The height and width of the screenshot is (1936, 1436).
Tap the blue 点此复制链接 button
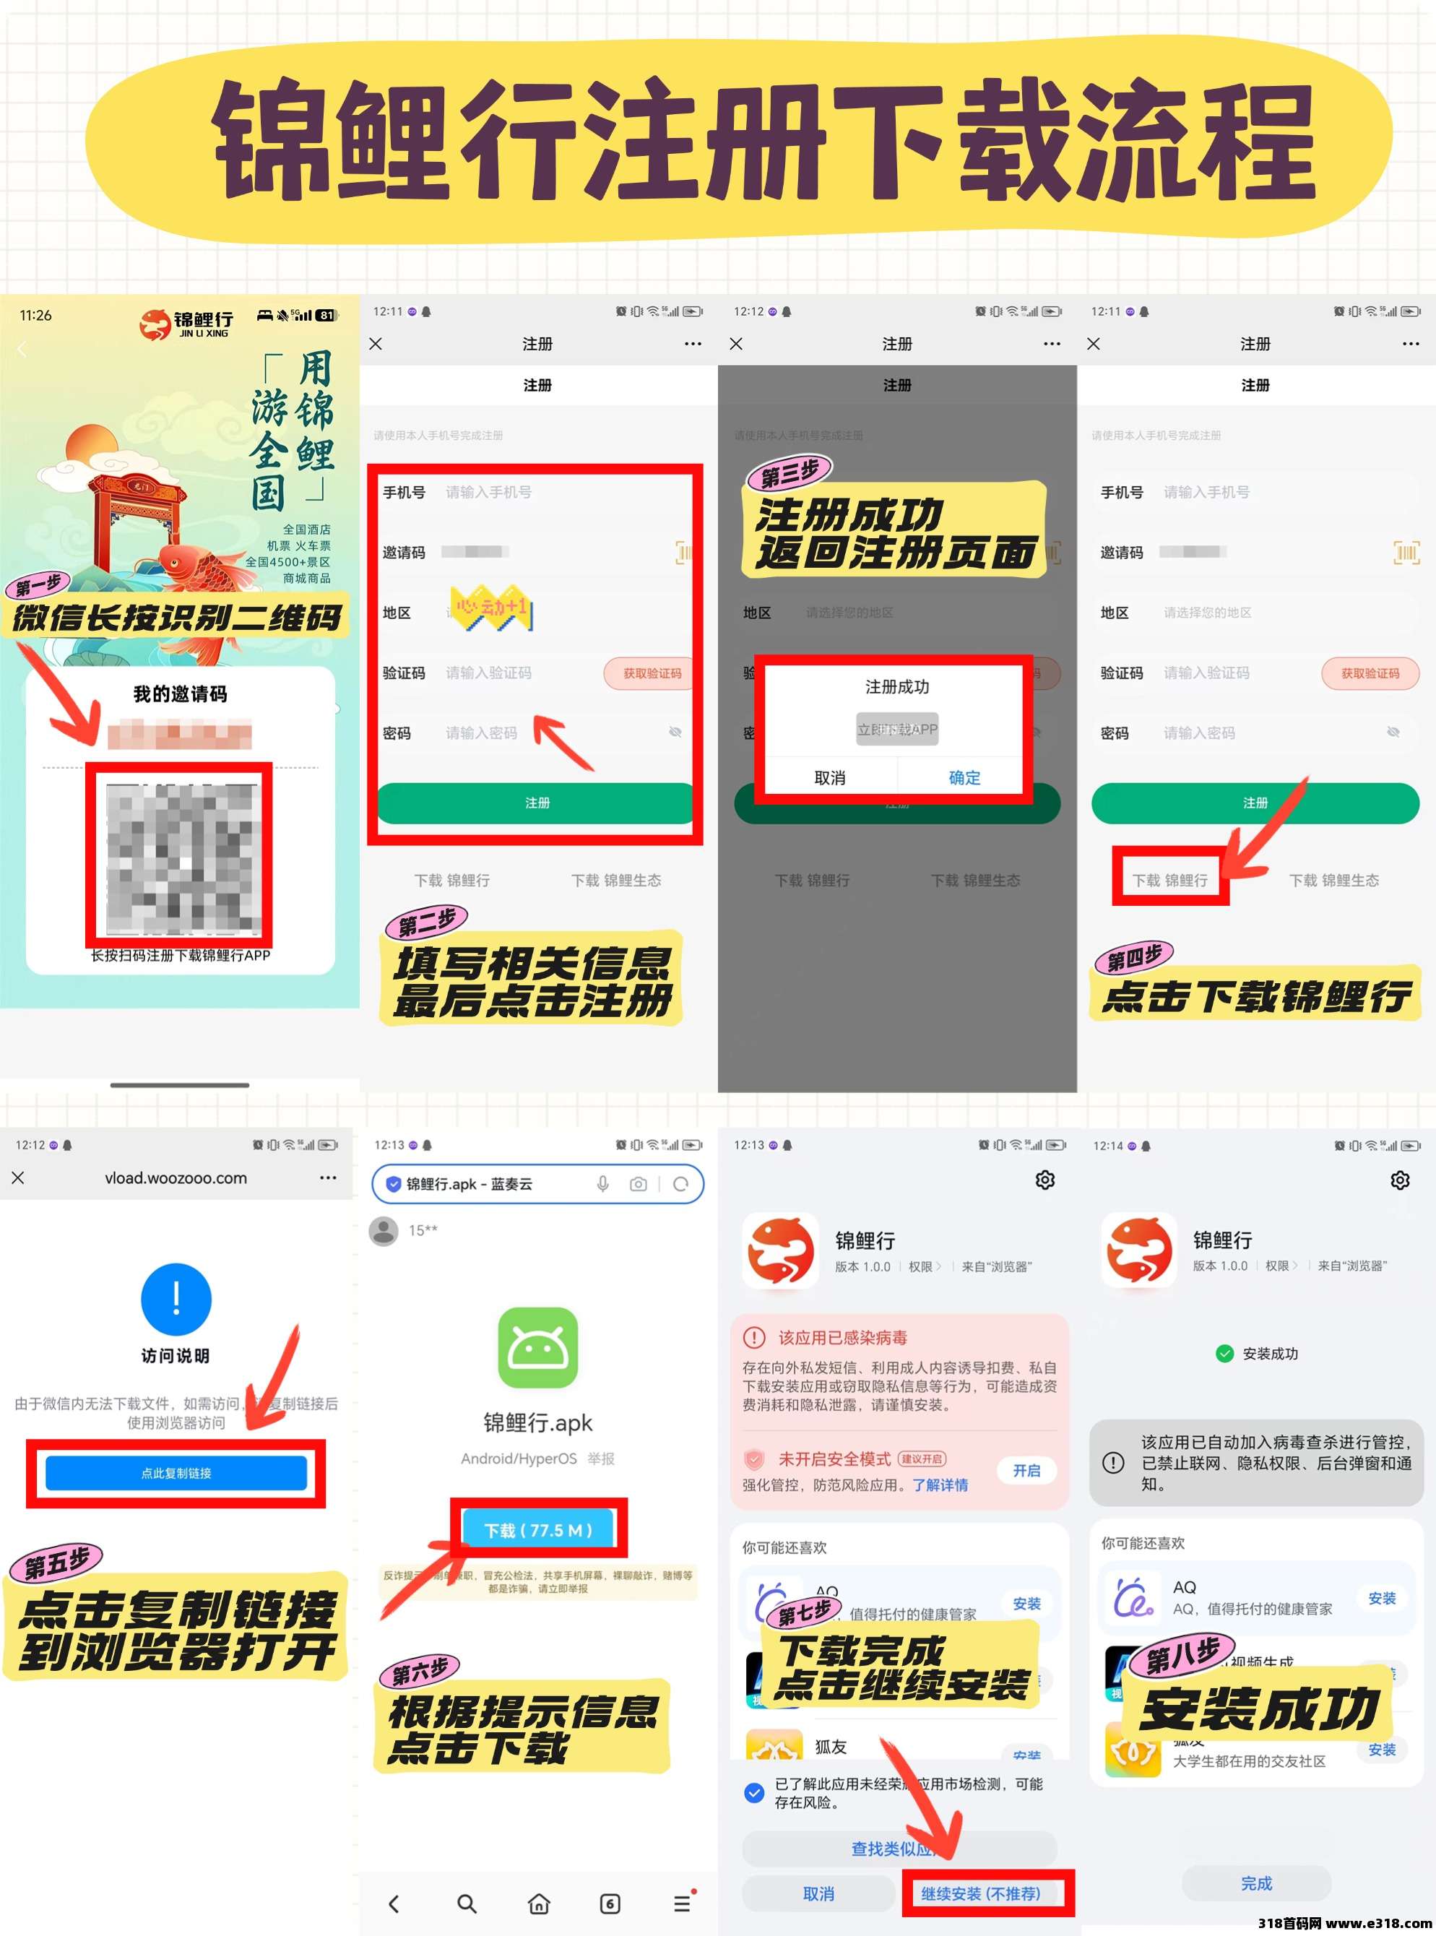point(176,1473)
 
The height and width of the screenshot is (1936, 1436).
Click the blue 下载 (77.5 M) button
point(538,1529)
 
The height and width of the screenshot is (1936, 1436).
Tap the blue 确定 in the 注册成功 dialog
point(964,777)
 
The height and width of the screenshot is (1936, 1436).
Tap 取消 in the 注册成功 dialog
point(829,777)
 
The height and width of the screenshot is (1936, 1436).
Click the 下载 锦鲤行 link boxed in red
point(1169,880)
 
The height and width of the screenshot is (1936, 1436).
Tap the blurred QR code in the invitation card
point(181,856)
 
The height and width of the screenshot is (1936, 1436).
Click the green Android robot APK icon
point(537,1347)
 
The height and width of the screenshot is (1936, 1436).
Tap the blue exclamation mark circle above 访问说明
point(176,1299)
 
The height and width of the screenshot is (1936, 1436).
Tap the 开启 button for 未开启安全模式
point(1026,1470)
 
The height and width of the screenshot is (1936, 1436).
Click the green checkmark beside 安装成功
point(1224,1353)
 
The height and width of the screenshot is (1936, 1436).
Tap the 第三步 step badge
point(790,474)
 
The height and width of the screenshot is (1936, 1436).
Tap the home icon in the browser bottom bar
point(539,1903)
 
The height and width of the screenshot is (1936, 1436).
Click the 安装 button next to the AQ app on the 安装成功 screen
point(1381,1598)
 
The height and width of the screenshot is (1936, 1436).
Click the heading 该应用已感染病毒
point(842,1337)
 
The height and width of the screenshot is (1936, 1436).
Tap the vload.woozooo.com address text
point(176,1178)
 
